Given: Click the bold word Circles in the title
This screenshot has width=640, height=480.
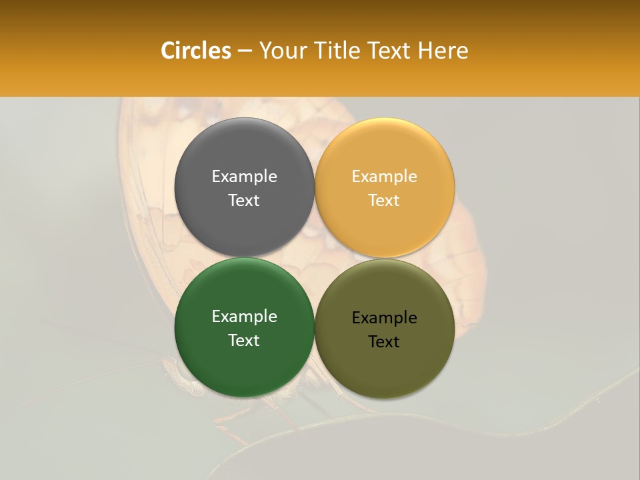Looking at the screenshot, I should pos(196,51).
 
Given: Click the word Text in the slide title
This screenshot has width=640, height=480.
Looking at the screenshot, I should pos(389,51).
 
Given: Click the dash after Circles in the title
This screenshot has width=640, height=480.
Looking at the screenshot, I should pos(245,51).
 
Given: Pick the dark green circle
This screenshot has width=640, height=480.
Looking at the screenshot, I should pos(244,367).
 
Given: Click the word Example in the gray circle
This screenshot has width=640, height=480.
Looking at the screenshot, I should pos(244,177).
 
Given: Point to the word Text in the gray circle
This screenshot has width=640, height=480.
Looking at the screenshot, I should pos(244,201).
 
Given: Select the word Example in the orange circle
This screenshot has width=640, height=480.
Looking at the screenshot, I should pos(385,177).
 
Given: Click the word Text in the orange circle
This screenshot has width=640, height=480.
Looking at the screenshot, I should pos(385,201).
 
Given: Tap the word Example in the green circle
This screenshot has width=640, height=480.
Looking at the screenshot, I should pos(244,317).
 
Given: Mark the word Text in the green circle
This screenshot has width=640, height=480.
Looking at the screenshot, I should pos(244,341).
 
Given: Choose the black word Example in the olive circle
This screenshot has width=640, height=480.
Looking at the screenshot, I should pos(385,318).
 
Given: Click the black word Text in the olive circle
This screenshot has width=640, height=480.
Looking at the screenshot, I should pos(385,342).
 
